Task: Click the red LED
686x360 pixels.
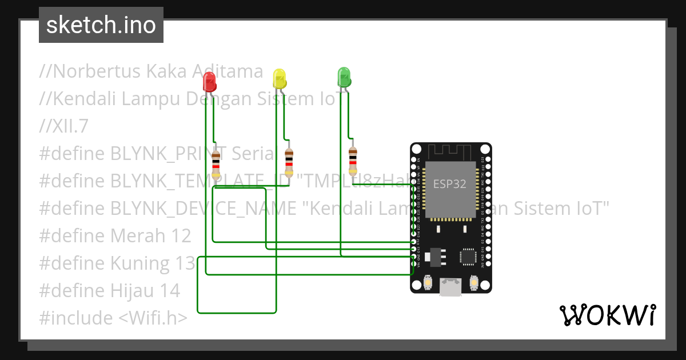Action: (x=210, y=82)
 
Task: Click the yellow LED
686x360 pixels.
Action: (x=279, y=78)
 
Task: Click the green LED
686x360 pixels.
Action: (x=344, y=77)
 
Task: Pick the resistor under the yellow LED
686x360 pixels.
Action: (x=289, y=162)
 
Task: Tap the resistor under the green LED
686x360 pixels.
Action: (x=353, y=161)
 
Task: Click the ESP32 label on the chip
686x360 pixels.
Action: (x=449, y=184)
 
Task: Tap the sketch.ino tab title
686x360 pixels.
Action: (x=101, y=25)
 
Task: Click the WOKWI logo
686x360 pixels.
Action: (x=607, y=315)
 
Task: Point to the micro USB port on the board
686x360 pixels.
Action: (x=450, y=286)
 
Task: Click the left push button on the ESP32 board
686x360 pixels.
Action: (x=428, y=282)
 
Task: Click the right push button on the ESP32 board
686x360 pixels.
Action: (x=473, y=282)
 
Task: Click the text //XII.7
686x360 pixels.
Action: (x=63, y=126)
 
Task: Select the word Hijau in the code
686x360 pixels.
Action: (x=135, y=290)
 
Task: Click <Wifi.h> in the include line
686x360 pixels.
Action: (x=153, y=318)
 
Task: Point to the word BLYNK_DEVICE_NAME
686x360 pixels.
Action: (x=204, y=209)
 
